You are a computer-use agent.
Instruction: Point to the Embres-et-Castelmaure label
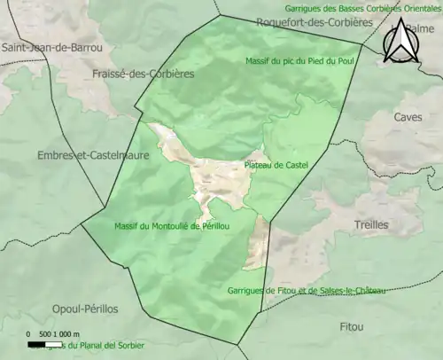coord(93,155)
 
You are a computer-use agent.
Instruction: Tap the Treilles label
coord(370,225)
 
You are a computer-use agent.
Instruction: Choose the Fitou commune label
coord(351,327)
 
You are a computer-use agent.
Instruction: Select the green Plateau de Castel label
coord(276,166)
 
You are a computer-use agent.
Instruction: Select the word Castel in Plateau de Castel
coord(293,166)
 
